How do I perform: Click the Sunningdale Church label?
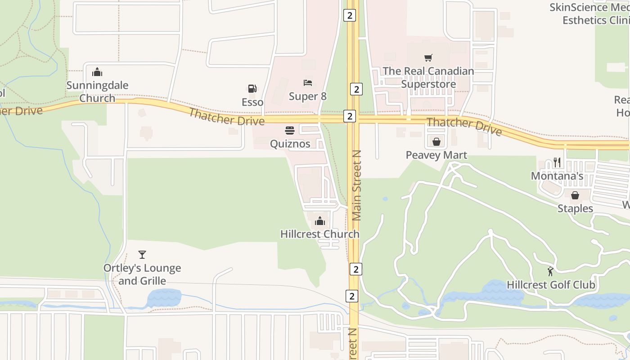(97, 91)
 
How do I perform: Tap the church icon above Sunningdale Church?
(97, 72)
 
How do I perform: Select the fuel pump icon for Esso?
(252, 89)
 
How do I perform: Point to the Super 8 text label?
(308, 96)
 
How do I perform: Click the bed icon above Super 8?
(308, 83)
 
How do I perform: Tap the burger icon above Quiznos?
(290, 130)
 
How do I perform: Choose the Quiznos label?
(290, 144)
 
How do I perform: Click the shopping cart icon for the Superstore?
(428, 58)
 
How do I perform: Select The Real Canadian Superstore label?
(428, 77)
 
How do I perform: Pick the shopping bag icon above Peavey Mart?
(436, 142)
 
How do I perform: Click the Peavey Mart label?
(436, 155)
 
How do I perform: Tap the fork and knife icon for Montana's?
(557, 162)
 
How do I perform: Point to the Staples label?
(575, 208)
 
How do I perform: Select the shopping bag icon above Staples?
(575, 195)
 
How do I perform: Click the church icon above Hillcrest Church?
(320, 220)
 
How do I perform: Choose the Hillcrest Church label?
(320, 234)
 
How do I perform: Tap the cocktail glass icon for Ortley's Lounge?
(142, 255)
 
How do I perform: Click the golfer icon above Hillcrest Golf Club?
(550, 271)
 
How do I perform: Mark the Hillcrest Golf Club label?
(551, 285)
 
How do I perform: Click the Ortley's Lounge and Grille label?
(142, 274)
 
